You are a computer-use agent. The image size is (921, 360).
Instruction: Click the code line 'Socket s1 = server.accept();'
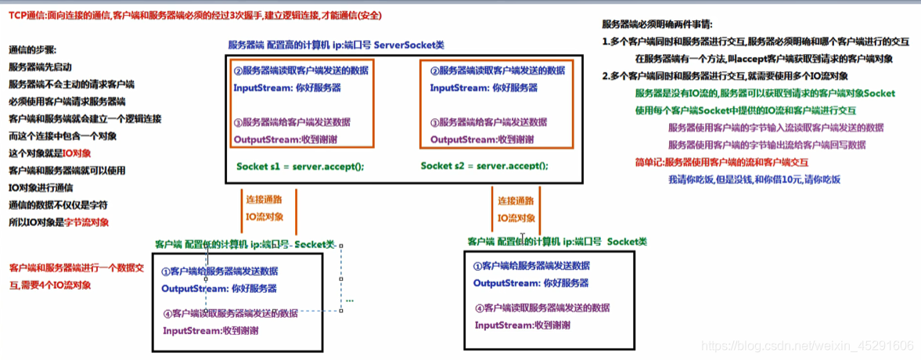[300, 167]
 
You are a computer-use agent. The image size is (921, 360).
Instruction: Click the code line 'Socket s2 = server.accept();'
[484, 166]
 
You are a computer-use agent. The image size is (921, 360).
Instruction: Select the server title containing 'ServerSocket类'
[336, 45]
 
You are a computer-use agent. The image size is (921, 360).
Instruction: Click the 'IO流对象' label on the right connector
[516, 218]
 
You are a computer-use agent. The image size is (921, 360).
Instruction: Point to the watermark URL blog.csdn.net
[807, 345]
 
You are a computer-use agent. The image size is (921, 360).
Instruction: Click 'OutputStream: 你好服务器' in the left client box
[219, 289]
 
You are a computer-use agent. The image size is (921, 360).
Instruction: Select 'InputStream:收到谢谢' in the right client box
[522, 325]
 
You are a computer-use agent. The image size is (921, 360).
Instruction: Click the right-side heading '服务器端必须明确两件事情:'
[657, 24]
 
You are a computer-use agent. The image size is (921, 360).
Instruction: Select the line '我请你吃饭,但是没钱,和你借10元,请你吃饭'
[754, 180]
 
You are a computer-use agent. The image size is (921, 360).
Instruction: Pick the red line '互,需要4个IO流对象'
[51, 286]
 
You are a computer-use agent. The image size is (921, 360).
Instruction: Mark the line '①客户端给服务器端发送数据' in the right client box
[531, 266]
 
